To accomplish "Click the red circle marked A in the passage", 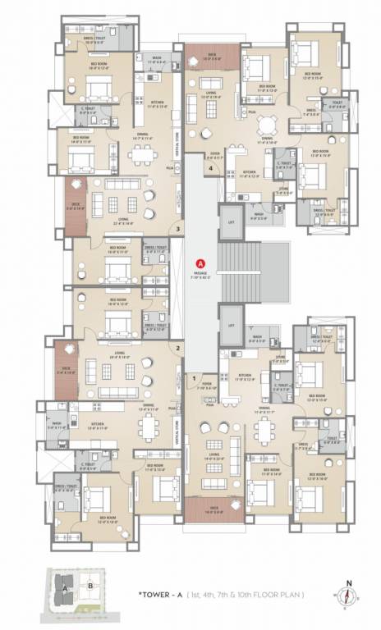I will tap(200, 263).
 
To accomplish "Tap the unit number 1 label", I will tap(195, 377).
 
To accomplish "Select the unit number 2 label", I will tap(177, 348).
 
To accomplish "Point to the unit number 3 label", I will tap(175, 228).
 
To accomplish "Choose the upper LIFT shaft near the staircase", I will tap(230, 222).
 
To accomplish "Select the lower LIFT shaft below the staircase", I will tap(230, 320).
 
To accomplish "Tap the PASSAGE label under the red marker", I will tap(200, 275).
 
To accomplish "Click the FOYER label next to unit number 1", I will tap(207, 383).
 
